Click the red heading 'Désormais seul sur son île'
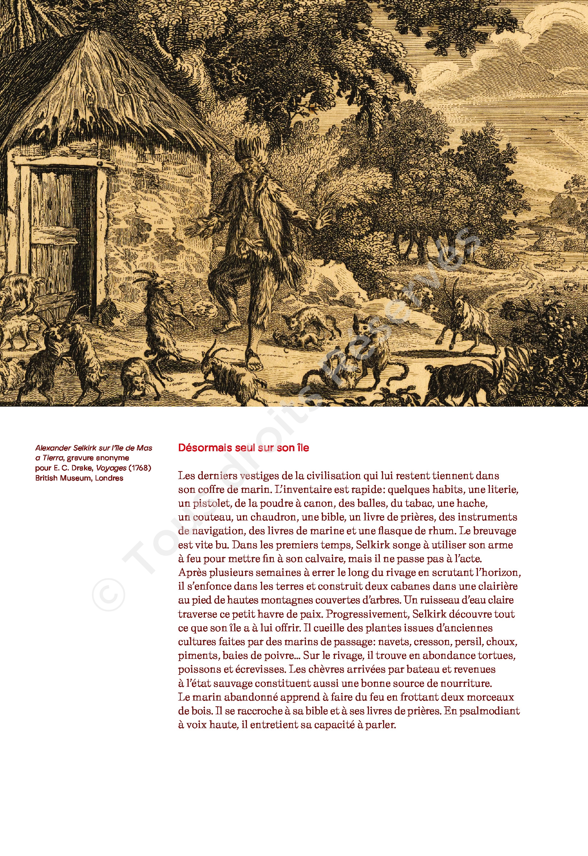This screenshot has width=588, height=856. pyautogui.click(x=243, y=448)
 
